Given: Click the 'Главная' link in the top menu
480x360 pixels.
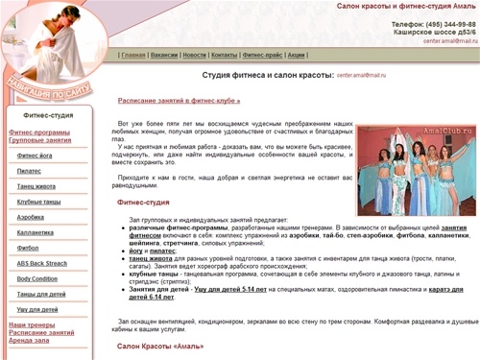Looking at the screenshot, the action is [x=133, y=55].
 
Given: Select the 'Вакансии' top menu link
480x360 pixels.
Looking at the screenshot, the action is [x=164, y=55].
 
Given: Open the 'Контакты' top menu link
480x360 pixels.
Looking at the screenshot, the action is [x=225, y=55].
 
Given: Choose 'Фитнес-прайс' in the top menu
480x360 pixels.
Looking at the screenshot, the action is [x=262, y=55].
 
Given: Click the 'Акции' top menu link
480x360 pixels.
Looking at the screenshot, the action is [x=297, y=55].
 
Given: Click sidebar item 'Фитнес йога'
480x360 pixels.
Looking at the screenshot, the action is [x=36, y=155].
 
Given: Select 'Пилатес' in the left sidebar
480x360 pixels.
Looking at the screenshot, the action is [x=30, y=169].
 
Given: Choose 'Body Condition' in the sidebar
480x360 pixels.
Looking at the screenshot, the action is [x=38, y=278].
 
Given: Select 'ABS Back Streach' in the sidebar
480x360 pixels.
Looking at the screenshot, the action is [x=42, y=263].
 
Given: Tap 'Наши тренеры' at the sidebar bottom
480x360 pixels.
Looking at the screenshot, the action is [x=32, y=324].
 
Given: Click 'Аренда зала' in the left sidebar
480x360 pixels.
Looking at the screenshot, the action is [x=29, y=340].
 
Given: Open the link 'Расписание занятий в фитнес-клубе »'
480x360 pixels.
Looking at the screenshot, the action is [x=179, y=100].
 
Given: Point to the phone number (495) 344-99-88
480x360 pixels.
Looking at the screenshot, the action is [x=446, y=24].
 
